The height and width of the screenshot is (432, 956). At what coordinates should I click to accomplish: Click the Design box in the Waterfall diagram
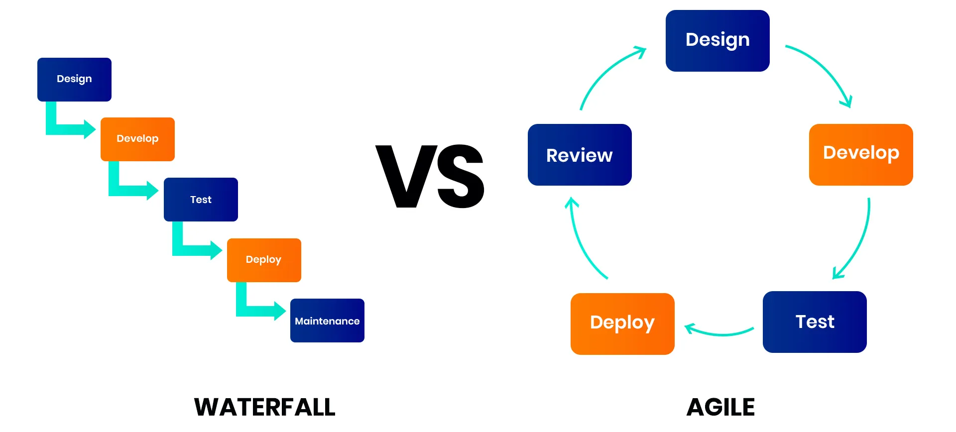74,80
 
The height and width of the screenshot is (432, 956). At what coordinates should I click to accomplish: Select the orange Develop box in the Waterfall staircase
137,139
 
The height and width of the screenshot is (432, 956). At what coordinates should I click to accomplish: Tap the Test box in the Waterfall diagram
201,200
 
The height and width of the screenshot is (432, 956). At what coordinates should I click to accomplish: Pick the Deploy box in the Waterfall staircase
264,260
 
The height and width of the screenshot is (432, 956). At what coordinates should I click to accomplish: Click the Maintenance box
327,321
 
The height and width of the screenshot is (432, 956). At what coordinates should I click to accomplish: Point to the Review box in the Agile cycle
580,155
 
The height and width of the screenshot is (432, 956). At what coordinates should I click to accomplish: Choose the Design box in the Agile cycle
717,41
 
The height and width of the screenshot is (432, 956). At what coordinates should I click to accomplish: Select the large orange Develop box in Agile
861,155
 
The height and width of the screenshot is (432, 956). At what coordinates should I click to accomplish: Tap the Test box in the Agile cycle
815,322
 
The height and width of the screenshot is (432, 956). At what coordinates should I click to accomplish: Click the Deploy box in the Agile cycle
622,324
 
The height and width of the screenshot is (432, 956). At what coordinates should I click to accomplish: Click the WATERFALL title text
265,407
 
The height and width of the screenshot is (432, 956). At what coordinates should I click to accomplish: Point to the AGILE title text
720,407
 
